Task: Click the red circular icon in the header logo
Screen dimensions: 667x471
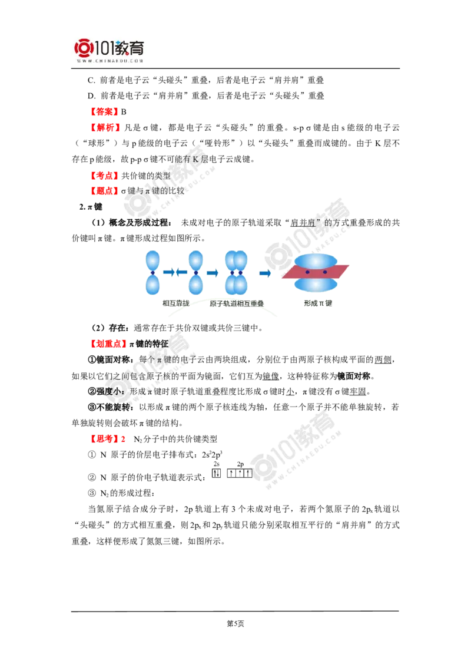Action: (x=84, y=48)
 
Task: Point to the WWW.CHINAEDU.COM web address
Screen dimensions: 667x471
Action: (x=110, y=61)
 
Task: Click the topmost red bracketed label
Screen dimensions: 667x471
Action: (x=104, y=111)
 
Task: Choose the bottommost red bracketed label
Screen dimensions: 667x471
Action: (x=108, y=438)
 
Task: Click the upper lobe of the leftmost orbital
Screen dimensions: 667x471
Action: (x=152, y=260)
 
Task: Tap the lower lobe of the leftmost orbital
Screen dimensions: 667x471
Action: (x=152, y=285)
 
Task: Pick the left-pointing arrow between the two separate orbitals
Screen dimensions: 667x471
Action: (x=182, y=272)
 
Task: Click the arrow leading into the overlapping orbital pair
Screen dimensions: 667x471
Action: (x=213, y=273)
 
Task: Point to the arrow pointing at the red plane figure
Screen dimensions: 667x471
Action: (x=265, y=273)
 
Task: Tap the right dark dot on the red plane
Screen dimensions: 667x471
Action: (x=324, y=272)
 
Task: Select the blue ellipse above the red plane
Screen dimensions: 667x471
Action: (x=316, y=260)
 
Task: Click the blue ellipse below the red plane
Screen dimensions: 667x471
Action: (x=316, y=285)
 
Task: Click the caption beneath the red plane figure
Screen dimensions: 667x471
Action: (x=319, y=302)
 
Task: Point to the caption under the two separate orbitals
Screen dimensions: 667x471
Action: (x=175, y=302)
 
